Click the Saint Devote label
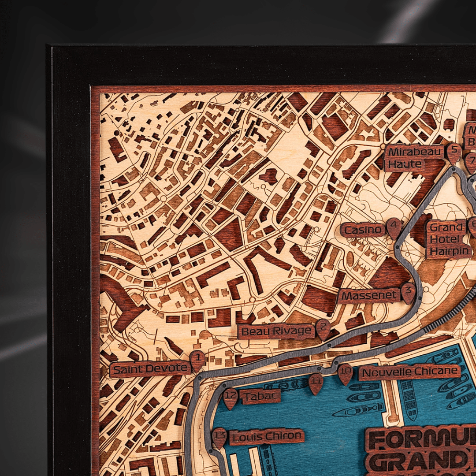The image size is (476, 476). (x=150, y=369)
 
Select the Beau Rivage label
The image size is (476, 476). (x=276, y=331)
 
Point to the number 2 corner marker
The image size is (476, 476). (x=323, y=328)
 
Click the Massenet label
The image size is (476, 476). (x=369, y=296)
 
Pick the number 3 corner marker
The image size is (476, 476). (x=409, y=292)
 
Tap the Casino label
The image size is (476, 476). (x=363, y=230)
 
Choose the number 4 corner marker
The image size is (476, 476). (x=394, y=227)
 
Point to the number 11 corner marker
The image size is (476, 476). (x=316, y=382)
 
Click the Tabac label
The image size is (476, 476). (x=260, y=396)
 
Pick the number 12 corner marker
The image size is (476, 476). (x=231, y=397)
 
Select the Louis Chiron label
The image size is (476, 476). (x=267, y=437)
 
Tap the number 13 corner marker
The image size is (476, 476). (x=219, y=437)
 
